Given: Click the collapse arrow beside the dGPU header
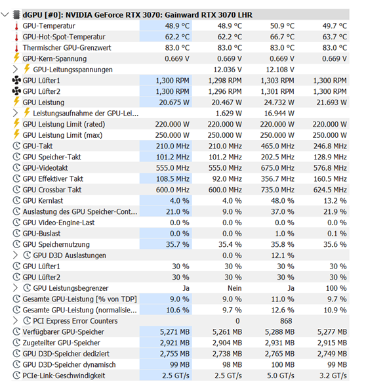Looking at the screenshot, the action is tap(5, 14).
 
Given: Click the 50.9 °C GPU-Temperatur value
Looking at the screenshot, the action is tap(282, 26).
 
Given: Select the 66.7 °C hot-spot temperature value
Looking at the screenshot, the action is tap(282, 37).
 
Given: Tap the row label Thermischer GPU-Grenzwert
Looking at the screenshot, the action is tap(67, 48).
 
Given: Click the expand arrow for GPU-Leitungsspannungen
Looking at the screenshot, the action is tap(15, 70).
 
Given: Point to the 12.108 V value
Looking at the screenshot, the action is tap(280, 70).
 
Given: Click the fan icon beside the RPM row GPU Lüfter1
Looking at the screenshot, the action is tap(16, 80).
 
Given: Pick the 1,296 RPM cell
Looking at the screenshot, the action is tap(225, 92).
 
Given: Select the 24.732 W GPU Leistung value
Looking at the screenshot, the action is tap(279, 102).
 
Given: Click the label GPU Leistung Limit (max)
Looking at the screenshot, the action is tap(62, 135).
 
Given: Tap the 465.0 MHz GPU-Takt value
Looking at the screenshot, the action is tap(277, 146).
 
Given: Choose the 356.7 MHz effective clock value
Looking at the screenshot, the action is tap(277, 179).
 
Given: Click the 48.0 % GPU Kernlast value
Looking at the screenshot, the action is tap(282, 201).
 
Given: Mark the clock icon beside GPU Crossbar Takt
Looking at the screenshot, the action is tap(16, 190).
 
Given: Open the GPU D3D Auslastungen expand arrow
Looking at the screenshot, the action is tap(15, 255).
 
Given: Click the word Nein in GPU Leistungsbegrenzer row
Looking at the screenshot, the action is tap(234, 288).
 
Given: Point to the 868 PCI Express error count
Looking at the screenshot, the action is tap(286, 321).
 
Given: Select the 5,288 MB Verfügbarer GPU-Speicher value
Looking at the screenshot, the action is tap(279, 332).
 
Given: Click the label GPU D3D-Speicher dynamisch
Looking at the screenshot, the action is tap(69, 364).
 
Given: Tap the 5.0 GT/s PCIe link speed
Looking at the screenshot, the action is tap(281, 375).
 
